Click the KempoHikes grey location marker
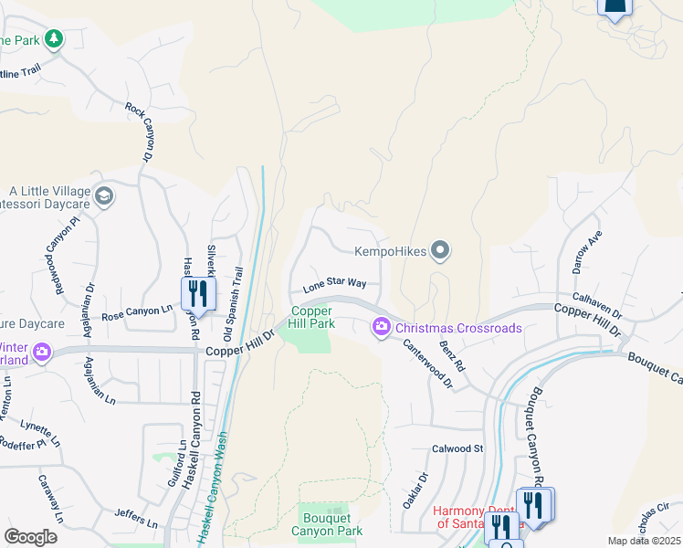pyautogui.click(x=441, y=250)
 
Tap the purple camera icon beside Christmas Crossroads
pyautogui.click(x=382, y=327)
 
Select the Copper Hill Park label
pyautogui.click(x=312, y=317)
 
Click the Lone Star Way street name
pyautogui.click(x=334, y=285)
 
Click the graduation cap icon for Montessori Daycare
pyautogui.click(x=105, y=195)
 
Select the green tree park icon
pyautogui.click(x=54, y=39)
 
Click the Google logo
pyautogui.click(x=30, y=536)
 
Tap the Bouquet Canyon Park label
pyautogui.click(x=327, y=524)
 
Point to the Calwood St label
pyautogui.click(x=457, y=448)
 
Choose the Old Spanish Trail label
pyautogui.click(x=233, y=291)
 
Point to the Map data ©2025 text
pyautogui.click(x=644, y=541)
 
